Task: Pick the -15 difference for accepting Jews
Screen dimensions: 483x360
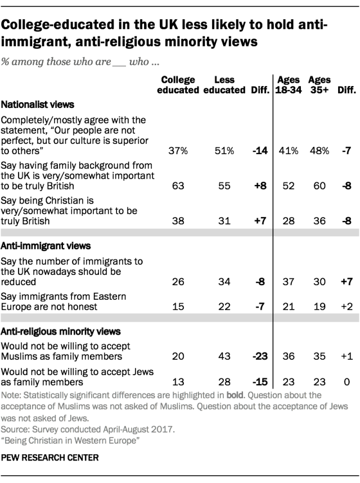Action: point(259,382)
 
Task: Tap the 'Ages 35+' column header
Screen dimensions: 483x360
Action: point(319,85)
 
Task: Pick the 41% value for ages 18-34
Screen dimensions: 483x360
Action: point(286,151)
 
